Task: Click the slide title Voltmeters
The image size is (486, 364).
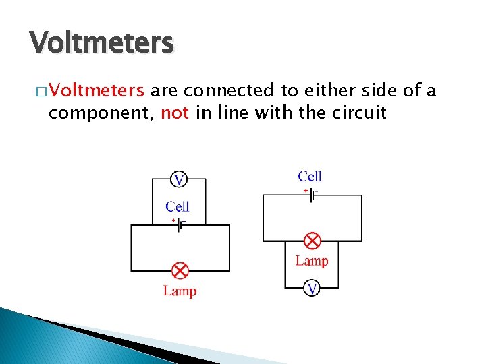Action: click(102, 42)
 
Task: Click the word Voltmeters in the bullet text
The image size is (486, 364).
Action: click(96, 91)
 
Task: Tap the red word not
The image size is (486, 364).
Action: click(175, 113)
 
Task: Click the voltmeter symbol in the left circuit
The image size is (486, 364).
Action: click(178, 179)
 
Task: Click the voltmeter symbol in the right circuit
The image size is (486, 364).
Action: click(312, 289)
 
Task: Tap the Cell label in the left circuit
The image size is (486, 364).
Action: click(178, 206)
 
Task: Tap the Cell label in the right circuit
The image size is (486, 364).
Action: click(310, 177)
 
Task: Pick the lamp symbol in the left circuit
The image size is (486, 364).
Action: click(180, 271)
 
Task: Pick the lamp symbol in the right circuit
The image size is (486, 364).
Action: click(312, 240)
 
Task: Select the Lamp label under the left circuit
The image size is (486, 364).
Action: click(180, 291)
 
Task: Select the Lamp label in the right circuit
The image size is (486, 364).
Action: click(312, 261)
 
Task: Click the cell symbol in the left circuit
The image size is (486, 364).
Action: click(180, 226)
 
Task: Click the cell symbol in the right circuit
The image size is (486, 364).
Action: click(312, 195)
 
